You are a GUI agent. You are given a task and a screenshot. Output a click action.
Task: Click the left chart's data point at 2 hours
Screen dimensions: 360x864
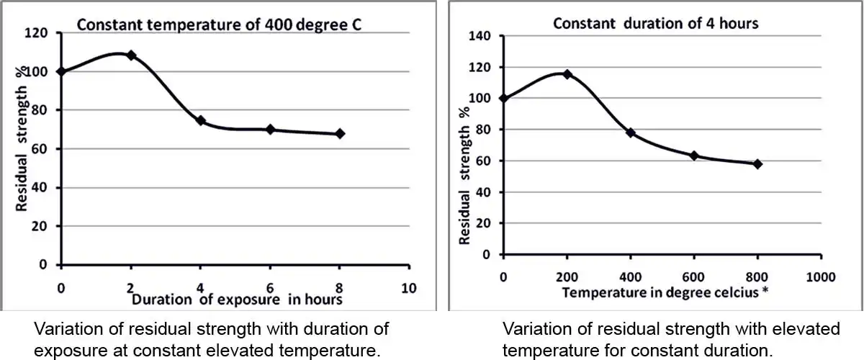pos(131,55)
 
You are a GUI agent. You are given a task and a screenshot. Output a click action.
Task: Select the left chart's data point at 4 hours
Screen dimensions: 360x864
pos(201,121)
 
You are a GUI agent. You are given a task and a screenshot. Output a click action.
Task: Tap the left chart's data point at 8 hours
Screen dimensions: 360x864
pos(340,133)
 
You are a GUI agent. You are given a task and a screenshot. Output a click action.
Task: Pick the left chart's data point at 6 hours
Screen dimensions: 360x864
pos(271,130)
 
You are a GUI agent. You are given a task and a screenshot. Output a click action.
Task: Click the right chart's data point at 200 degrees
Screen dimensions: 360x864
pos(567,74)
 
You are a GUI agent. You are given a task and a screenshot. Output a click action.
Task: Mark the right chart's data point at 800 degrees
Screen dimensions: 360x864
pos(757,164)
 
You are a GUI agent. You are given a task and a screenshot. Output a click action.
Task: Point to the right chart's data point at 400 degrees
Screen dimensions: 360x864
pos(631,132)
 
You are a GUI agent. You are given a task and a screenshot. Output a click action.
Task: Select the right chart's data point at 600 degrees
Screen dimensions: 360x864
pos(694,156)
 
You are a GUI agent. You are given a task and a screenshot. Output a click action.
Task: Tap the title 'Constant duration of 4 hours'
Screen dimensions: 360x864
pos(655,23)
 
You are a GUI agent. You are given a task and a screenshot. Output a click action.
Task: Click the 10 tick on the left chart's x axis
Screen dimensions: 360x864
pos(408,288)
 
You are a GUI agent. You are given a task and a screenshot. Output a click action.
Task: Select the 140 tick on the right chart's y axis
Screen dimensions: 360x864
pos(480,36)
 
